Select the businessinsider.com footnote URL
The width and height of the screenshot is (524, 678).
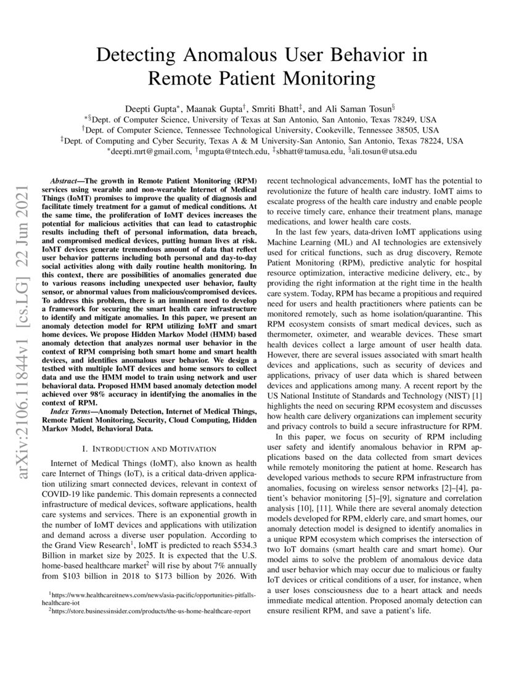pos(145,613)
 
